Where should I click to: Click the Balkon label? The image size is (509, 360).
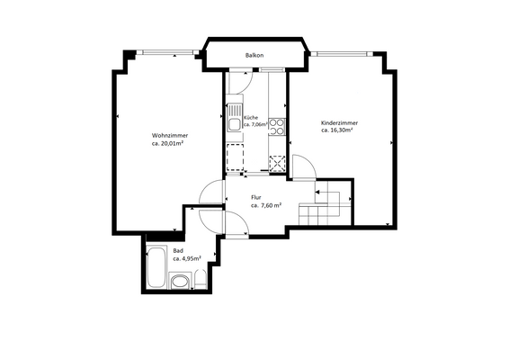point(254,55)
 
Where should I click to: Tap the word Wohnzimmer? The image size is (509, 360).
point(170,136)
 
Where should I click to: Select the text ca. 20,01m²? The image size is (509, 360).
point(166,143)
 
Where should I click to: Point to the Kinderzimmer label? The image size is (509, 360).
point(339,123)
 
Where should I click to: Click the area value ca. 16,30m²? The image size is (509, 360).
point(337,130)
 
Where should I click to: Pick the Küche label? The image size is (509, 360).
point(251,118)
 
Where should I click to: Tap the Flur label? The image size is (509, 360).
point(255,197)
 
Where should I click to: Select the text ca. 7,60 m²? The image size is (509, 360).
point(266,205)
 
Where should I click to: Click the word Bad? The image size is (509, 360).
point(178,251)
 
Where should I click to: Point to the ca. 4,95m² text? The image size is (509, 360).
point(187,258)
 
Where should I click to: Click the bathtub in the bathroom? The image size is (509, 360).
point(156,267)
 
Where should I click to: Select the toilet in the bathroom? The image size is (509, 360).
point(201,279)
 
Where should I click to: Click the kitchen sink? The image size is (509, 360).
point(235,118)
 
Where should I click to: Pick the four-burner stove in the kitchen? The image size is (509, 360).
point(277,127)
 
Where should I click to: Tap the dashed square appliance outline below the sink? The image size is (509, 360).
point(236,157)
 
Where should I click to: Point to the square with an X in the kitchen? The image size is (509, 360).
point(277,164)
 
